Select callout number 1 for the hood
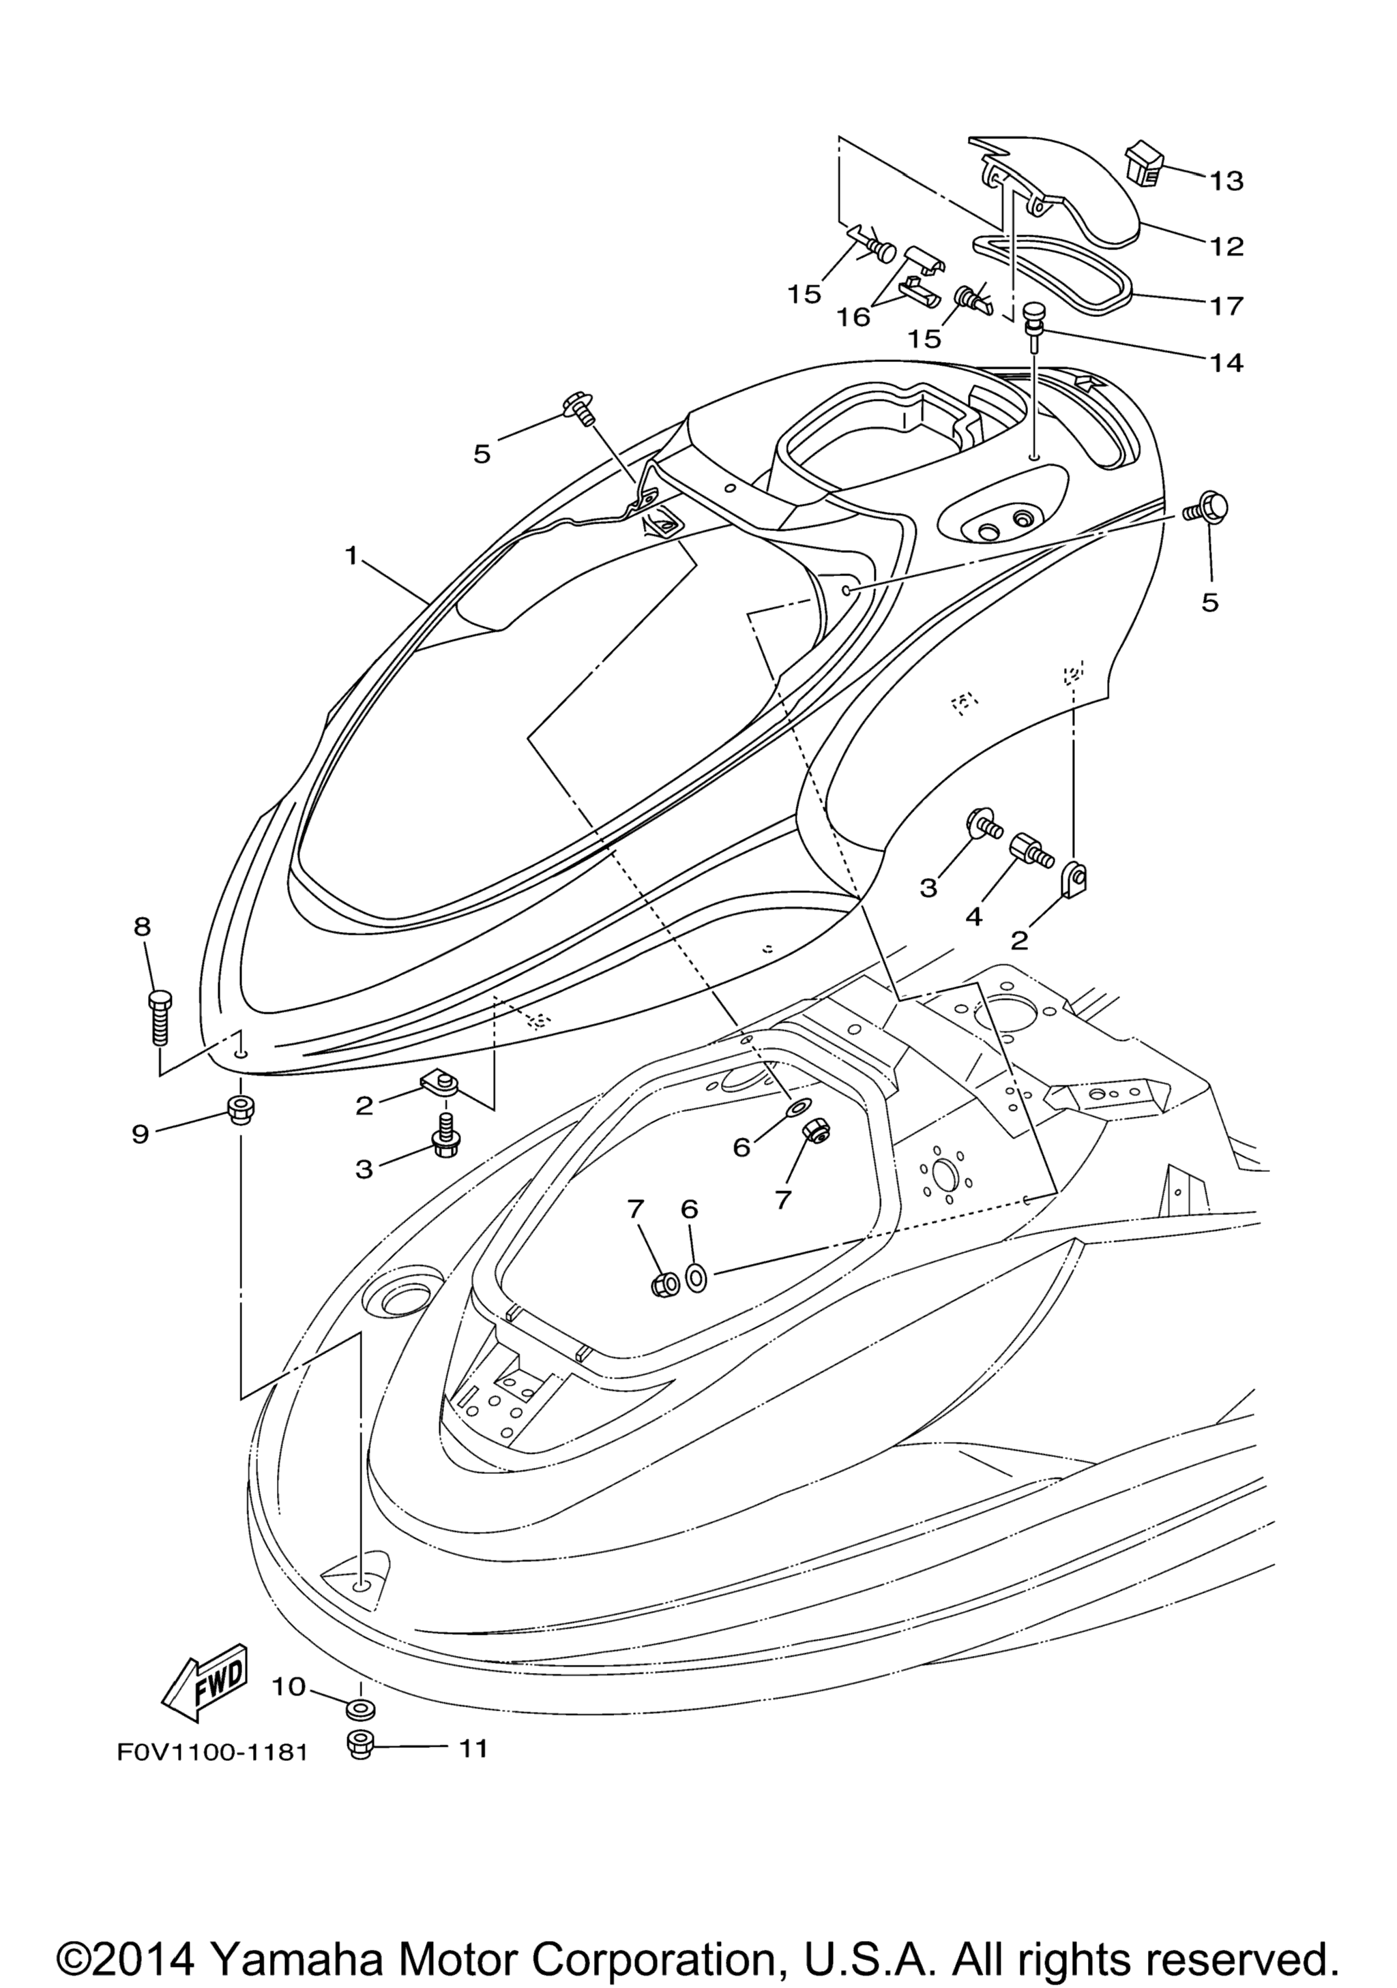click(351, 555)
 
